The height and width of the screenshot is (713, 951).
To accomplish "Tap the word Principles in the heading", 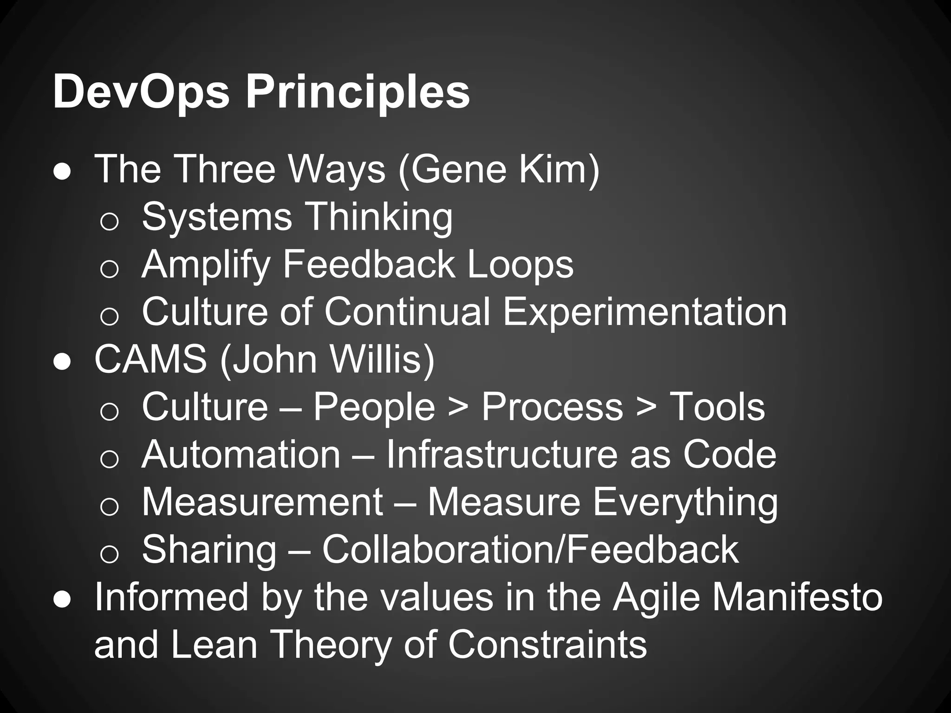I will pyautogui.click(x=358, y=93).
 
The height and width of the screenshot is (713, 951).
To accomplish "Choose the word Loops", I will pyautogui.click(x=521, y=265).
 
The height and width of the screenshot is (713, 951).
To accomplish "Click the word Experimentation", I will pyautogui.click(x=645, y=312).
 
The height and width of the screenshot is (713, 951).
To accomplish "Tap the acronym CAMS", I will pyautogui.click(x=151, y=360).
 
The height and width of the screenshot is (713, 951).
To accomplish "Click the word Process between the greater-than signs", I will pyautogui.click(x=552, y=408).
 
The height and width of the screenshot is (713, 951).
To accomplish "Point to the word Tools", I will pyautogui.click(x=717, y=408).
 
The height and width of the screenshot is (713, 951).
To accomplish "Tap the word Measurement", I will pyautogui.click(x=262, y=503).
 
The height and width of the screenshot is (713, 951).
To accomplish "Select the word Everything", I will pyautogui.click(x=685, y=503).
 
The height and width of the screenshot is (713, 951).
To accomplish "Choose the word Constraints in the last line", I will pyautogui.click(x=547, y=645).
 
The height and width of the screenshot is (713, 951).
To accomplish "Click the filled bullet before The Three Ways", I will pyautogui.click(x=62, y=172).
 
